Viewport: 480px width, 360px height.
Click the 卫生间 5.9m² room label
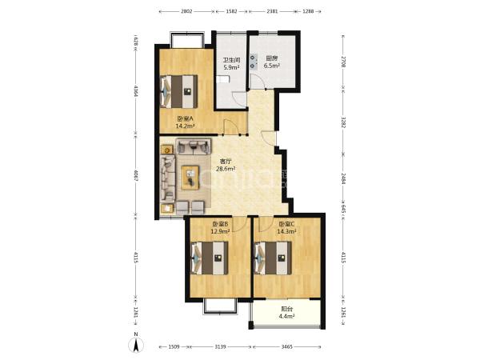click(x=231, y=64)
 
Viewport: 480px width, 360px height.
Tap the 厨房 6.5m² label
click(x=272, y=62)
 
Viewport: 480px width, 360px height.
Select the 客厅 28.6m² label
click(x=226, y=165)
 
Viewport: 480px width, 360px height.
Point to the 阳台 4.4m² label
click(x=286, y=313)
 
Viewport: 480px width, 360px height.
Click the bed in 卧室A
click(x=178, y=91)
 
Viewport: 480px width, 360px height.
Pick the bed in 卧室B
click(x=210, y=258)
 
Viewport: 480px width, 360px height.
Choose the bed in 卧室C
click(x=273, y=258)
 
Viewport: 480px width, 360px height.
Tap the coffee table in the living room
click(x=190, y=178)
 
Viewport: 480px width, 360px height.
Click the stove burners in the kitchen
click(x=253, y=62)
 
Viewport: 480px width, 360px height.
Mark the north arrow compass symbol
click(x=136, y=344)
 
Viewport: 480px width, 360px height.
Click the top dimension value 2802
click(x=186, y=12)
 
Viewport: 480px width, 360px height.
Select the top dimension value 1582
click(x=232, y=12)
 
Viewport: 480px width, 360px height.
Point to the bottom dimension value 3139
click(x=220, y=347)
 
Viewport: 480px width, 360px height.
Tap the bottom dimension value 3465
click(x=287, y=347)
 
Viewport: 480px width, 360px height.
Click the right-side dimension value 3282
click(x=343, y=122)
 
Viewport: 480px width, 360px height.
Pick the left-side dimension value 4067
click(x=136, y=175)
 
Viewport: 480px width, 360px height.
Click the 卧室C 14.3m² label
click(x=286, y=228)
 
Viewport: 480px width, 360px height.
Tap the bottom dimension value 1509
click(x=174, y=347)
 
